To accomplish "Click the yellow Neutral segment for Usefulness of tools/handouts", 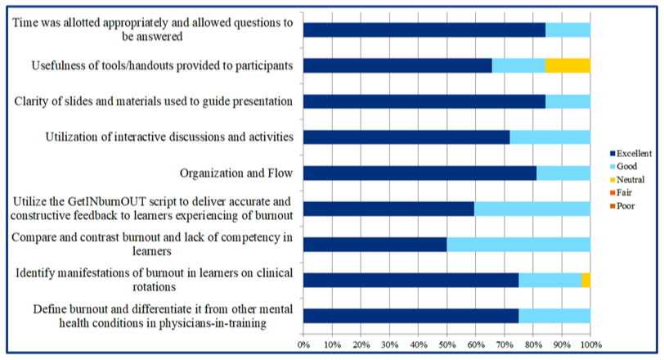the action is pyautogui.click(x=568, y=65).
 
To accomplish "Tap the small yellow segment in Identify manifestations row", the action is pyautogui.click(x=585, y=280).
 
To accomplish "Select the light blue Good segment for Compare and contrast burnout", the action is pyautogui.click(x=518, y=245).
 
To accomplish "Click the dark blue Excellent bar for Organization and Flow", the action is pyautogui.click(x=420, y=173).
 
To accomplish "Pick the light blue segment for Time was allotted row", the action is pyautogui.click(x=568, y=30).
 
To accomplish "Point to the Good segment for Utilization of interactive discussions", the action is pyautogui.click(x=550, y=137).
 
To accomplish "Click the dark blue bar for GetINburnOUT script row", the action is pyautogui.click(x=388, y=209).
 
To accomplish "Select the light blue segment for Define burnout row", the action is pyautogui.click(x=554, y=316).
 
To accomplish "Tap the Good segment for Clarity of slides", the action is pyautogui.click(x=568, y=101).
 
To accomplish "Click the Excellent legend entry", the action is pyautogui.click(x=631, y=153).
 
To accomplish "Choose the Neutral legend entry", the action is pyautogui.click(x=627, y=179).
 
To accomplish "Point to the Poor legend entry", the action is pyautogui.click(x=622, y=206).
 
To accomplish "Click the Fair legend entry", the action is pyautogui.click(x=621, y=193).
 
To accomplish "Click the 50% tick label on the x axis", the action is pyautogui.click(x=446, y=344).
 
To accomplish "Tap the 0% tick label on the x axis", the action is pyautogui.click(x=303, y=344).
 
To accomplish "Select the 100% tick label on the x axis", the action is pyautogui.click(x=591, y=344).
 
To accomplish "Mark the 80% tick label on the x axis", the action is pyautogui.click(x=533, y=344).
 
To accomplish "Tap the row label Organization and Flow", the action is pyautogui.click(x=236, y=173).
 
